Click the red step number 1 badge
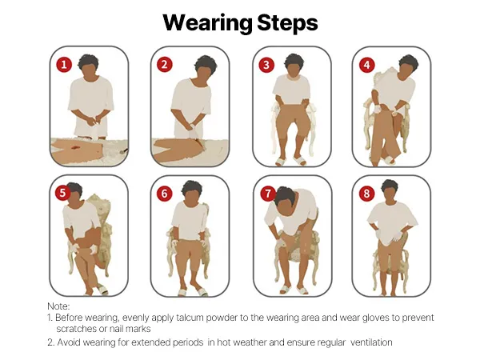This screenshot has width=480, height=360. coord(64,65)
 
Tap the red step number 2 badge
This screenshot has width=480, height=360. coord(165,65)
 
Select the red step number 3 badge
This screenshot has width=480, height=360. coord(266,65)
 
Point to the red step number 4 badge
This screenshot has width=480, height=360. coord(366,65)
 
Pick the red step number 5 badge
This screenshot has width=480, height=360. coord(62,193)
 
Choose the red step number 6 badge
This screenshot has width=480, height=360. coord(164,194)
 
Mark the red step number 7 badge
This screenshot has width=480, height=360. coord(268,194)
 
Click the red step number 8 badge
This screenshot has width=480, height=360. coord(366,194)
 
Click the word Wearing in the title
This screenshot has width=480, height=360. coord(207,23)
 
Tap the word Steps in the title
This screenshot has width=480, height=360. coord(287,23)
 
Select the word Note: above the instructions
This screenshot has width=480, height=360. coord(58,306)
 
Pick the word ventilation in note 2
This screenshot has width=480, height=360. coord(371,342)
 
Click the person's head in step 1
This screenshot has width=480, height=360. coord(88,66)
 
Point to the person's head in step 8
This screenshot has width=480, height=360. coord(390,190)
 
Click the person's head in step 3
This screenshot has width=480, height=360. coord(294,66)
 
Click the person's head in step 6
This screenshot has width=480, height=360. coord(192,191)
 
